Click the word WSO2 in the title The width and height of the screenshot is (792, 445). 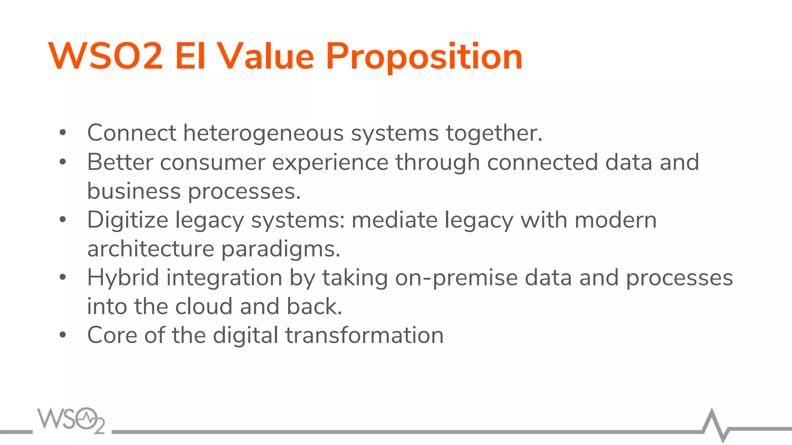(x=105, y=56)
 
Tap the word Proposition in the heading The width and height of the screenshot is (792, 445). (x=424, y=56)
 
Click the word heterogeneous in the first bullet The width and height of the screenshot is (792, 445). (x=263, y=133)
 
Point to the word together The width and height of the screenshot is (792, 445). (x=494, y=133)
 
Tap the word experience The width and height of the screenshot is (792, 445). (x=330, y=162)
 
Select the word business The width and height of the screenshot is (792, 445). (x=134, y=191)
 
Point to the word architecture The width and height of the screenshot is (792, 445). (x=150, y=249)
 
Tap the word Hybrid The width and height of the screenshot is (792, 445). (x=123, y=278)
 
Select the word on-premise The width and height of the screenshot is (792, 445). (x=456, y=278)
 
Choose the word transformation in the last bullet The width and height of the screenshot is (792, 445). (x=364, y=335)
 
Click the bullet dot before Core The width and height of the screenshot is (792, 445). (x=63, y=335)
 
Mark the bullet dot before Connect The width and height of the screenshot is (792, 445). (x=63, y=133)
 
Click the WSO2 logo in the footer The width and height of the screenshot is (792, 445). (x=71, y=420)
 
